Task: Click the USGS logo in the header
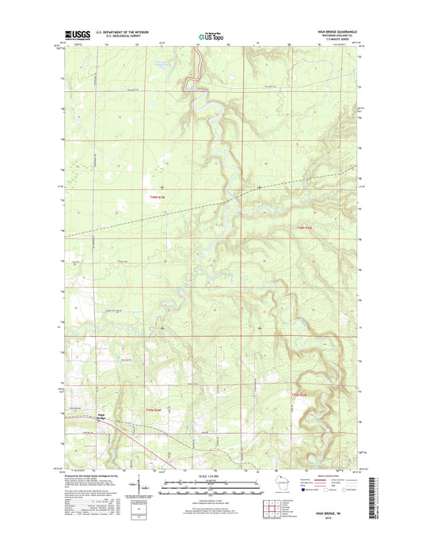tap(74, 35)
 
